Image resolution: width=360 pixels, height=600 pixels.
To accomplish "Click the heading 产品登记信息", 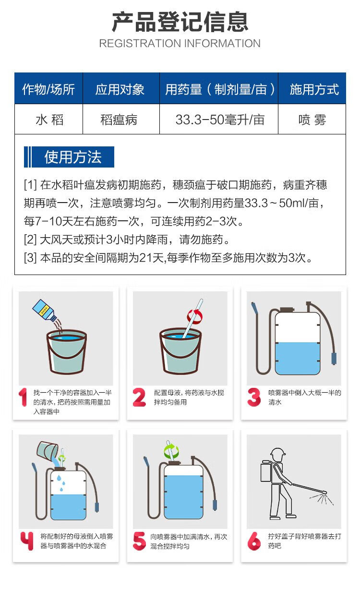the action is (180, 22).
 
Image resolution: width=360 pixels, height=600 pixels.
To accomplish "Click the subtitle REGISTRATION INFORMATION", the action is (180, 43).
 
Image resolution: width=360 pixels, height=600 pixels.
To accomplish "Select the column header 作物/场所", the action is (48, 89).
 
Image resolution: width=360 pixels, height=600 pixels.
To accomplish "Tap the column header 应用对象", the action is (120, 89).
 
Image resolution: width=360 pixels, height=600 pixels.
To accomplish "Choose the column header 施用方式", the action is (314, 89).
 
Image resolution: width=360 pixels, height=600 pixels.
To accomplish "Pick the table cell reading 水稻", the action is (49, 120).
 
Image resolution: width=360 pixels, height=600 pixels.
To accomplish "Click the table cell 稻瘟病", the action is (119, 120).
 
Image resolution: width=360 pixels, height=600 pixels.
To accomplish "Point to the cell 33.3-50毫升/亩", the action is (220, 120).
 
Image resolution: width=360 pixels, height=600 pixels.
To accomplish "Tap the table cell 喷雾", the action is (312, 120).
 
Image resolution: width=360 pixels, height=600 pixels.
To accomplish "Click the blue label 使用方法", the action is (69, 157).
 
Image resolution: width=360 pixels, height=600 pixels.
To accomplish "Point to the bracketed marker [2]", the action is (30, 240).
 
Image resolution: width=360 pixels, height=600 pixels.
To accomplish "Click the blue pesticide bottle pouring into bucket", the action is (45, 310).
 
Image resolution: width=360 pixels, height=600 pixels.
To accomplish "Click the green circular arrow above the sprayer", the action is (171, 451).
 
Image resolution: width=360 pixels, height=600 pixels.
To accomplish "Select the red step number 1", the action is (23, 397).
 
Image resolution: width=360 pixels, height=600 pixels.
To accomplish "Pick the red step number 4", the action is (27, 541).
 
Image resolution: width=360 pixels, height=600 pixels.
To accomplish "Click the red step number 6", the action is (253, 541).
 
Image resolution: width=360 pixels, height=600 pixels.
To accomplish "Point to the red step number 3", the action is (253, 397).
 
